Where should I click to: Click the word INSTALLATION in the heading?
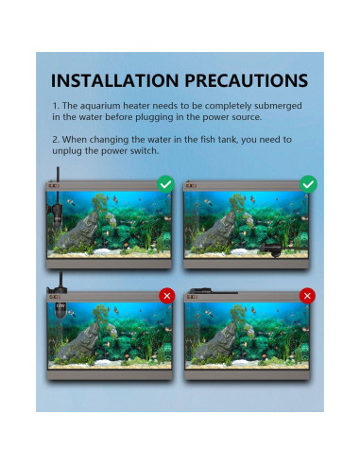pyautogui.click(x=114, y=80)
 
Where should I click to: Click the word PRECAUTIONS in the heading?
pyautogui.click(x=246, y=80)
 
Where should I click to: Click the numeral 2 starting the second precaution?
pyautogui.click(x=56, y=140)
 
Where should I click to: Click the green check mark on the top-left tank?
pyautogui.click(x=165, y=184)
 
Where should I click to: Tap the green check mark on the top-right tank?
pyautogui.click(x=308, y=184)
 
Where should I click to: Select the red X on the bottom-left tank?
pyautogui.click(x=167, y=296)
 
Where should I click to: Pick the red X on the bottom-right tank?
pyautogui.click(x=307, y=296)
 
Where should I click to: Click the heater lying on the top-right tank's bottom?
pyautogui.click(x=273, y=250)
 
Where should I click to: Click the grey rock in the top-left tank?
pyautogui.click(x=79, y=231)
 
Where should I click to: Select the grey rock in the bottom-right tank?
pyautogui.click(x=216, y=342)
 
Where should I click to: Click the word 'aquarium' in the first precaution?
pyautogui.click(x=100, y=106)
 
